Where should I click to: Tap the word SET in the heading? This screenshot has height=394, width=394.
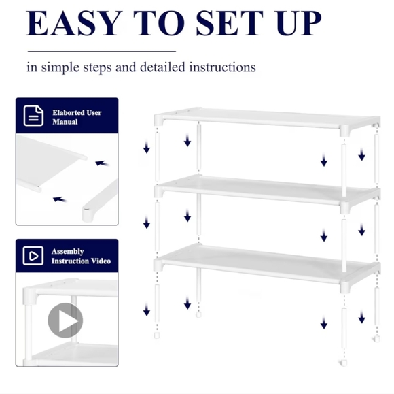229,24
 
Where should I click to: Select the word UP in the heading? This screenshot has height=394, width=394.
295,24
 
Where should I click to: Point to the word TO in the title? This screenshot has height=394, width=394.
158,24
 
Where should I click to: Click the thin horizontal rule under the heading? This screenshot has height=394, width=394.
101,51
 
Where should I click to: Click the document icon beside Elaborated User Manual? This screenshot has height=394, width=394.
33,116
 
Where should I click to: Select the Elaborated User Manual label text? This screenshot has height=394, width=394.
77,116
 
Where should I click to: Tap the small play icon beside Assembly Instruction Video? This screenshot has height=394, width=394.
33,255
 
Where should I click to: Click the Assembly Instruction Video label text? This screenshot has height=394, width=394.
80,256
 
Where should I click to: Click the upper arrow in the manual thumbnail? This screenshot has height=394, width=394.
101,163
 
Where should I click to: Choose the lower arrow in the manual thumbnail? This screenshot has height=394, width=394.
58,200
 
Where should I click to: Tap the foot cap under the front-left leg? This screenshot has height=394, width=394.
158,335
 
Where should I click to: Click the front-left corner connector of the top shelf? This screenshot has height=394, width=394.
159,120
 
